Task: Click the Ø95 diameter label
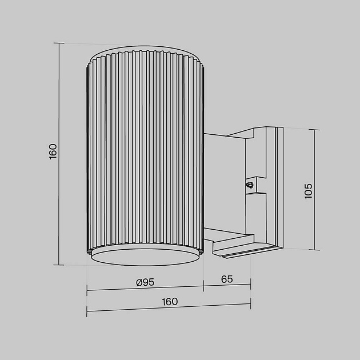(146, 282)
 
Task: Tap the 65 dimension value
(227, 279)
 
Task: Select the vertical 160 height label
(53, 152)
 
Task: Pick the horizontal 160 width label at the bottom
(170, 302)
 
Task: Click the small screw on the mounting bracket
(249, 185)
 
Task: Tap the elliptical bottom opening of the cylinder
(145, 257)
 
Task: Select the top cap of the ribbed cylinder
(145, 54)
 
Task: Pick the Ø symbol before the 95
(139, 282)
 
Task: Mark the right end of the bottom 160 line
(250, 305)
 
